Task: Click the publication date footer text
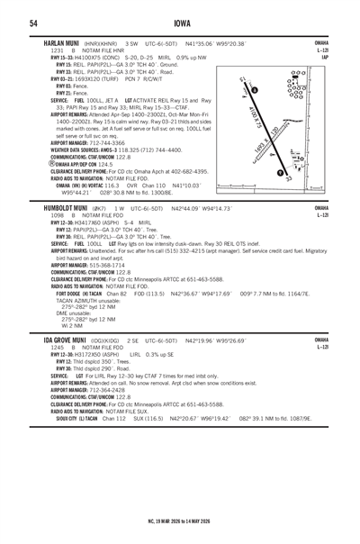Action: [x=180, y=521]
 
